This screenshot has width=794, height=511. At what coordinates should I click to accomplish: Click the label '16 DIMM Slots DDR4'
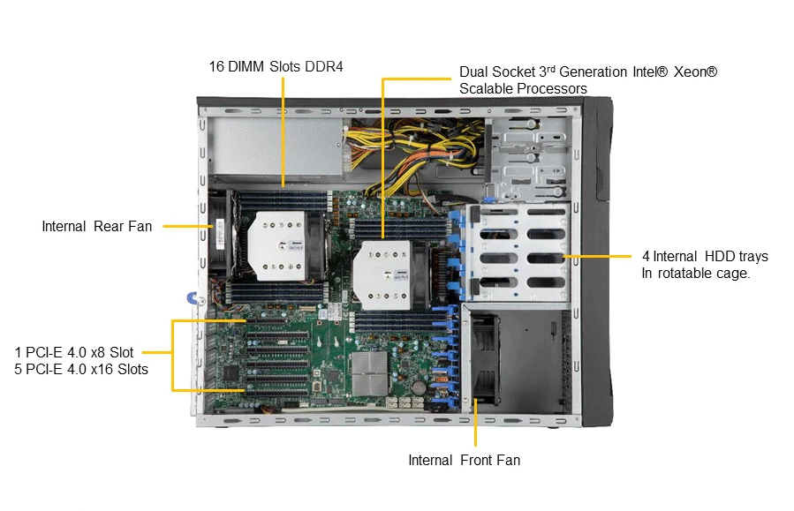(x=276, y=67)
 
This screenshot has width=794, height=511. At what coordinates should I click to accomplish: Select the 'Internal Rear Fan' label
(x=97, y=226)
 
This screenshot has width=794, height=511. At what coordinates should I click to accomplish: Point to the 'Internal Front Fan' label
(x=465, y=460)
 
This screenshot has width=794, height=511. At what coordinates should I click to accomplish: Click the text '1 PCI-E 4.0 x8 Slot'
(x=74, y=352)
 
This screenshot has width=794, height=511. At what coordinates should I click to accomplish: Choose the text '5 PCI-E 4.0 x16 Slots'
(x=81, y=369)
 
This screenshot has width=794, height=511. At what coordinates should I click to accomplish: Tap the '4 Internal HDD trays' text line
(x=706, y=257)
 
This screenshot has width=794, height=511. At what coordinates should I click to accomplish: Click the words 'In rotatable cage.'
(x=696, y=274)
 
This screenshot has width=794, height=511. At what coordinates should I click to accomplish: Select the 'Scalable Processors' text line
(x=523, y=88)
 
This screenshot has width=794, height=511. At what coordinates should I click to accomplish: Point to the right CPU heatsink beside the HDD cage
(x=383, y=274)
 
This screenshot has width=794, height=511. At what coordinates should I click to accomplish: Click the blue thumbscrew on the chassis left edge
(x=193, y=298)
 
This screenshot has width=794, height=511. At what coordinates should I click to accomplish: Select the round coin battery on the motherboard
(x=418, y=387)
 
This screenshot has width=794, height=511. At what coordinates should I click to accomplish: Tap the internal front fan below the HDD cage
(x=484, y=358)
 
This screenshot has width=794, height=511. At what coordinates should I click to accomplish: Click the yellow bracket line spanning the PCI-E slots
(x=173, y=355)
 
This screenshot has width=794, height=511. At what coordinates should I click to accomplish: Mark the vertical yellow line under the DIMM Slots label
(x=283, y=132)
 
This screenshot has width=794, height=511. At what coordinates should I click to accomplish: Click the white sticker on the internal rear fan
(x=220, y=234)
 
